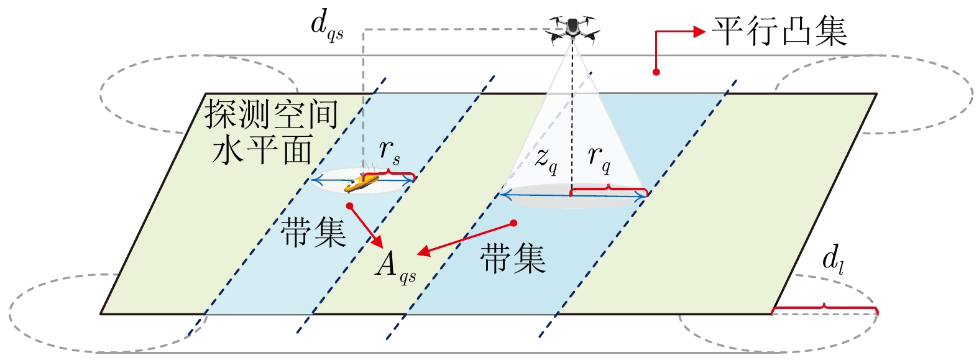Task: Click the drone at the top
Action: click(x=572, y=29)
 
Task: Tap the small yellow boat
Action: click(x=362, y=182)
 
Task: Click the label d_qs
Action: click(x=326, y=25)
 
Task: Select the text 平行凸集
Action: click(x=779, y=31)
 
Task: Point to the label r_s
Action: click(x=390, y=152)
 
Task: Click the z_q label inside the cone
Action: click(x=546, y=159)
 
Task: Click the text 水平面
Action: click(x=262, y=150)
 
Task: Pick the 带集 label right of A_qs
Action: click(x=513, y=258)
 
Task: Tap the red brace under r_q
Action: click(x=608, y=188)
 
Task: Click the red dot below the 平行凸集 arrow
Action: click(x=656, y=72)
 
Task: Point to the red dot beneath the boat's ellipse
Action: click(x=350, y=206)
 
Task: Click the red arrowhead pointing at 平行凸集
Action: click(x=699, y=31)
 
